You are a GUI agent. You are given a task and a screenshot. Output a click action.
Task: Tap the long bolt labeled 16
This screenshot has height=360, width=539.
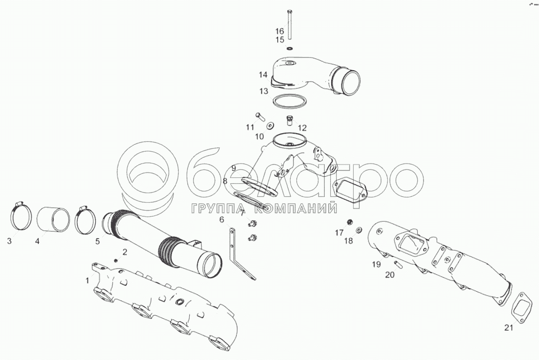(289, 24)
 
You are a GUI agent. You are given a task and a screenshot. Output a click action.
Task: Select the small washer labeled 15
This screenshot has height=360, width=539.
(290, 48)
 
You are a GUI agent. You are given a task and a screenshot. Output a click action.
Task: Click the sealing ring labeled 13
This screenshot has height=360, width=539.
(290, 101)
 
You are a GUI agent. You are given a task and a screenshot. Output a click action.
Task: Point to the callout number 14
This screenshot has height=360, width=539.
(263, 75)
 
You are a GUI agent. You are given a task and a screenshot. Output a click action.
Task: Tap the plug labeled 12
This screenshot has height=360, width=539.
(290, 120)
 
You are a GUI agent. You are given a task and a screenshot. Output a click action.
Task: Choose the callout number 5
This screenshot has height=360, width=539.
(98, 241)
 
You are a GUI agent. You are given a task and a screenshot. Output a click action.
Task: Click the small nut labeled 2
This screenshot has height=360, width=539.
(116, 260)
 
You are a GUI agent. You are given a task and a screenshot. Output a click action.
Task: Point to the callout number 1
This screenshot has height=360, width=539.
(87, 281)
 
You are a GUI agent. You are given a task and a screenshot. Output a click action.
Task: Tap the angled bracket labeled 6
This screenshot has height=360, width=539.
(242, 253)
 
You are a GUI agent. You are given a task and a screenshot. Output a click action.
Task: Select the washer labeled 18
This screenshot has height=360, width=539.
(359, 229)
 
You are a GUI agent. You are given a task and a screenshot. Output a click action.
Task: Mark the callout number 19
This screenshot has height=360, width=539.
(376, 264)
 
